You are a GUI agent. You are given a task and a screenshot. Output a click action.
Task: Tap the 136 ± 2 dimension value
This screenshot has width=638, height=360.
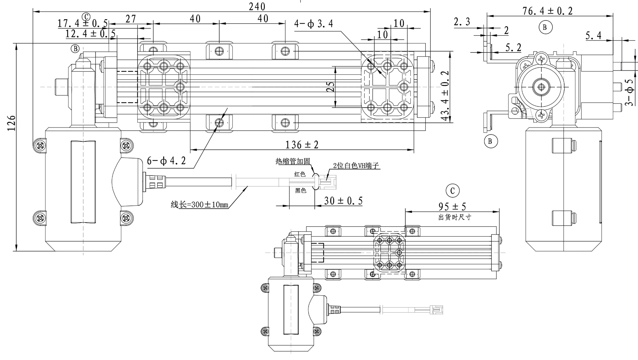(x=302, y=145)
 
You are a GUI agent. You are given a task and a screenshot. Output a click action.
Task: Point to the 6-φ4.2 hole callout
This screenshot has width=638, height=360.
(x=166, y=161)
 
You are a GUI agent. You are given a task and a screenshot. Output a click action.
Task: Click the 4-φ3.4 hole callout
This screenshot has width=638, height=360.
(x=313, y=24)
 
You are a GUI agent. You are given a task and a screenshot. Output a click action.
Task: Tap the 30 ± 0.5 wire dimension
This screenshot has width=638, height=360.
(x=343, y=201)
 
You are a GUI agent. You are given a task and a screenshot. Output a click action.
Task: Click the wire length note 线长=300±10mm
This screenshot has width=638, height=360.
(x=199, y=205)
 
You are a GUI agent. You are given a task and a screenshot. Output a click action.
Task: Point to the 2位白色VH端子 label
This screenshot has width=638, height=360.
(x=356, y=166)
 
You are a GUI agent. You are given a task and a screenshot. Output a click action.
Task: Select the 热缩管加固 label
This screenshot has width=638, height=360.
(x=292, y=161)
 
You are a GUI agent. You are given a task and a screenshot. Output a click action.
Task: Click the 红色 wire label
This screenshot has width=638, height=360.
(x=300, y=174)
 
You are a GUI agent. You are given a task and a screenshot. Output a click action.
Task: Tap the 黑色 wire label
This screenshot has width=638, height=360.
(x=300, y=191)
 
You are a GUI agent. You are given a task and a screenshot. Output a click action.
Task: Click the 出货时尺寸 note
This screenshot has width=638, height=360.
(x=455, y=218)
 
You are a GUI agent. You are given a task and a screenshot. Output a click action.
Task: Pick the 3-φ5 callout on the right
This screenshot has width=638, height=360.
(x=629, y=92)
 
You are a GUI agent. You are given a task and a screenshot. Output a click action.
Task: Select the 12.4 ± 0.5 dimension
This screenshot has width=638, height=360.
(x=90, y=34)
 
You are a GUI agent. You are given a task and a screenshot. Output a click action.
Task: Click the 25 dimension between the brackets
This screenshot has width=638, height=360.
(x=330, y=87)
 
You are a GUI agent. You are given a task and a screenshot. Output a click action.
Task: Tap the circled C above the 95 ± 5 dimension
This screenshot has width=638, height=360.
(x=452, y=191)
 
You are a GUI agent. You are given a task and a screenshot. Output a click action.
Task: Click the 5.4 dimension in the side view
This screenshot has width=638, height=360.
(x=593, y=36)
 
